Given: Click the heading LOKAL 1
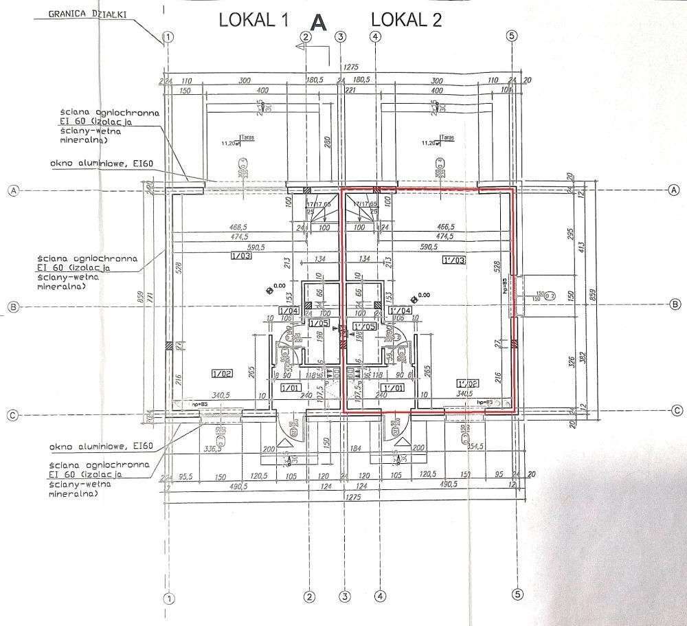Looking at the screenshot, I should [x=252, y=20].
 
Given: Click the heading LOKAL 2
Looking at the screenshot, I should [x=407, y=20].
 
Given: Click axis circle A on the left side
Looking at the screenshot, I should [x=12, y=192].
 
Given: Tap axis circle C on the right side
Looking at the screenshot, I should [x=676, y=410].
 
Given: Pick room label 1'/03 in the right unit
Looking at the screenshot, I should [x=454, y=260].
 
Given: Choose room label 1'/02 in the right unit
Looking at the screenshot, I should [x=467, y=383].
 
